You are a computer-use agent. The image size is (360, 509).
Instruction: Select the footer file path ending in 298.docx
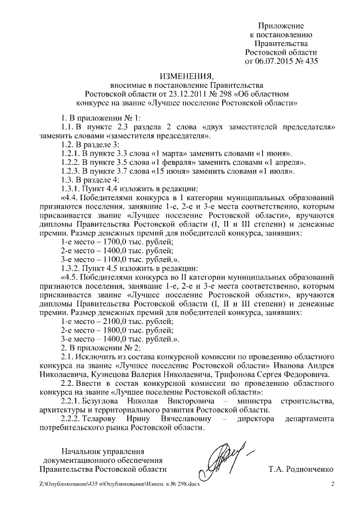click(119, 485)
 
